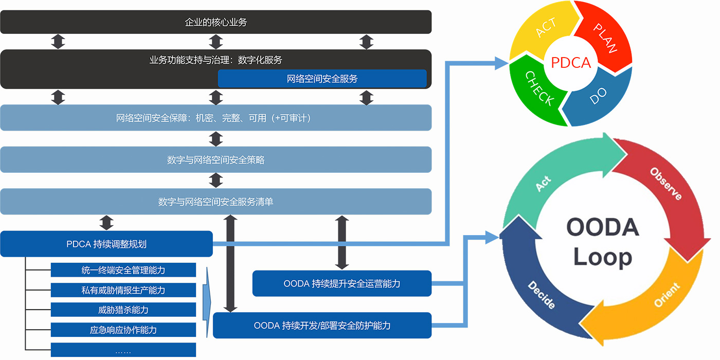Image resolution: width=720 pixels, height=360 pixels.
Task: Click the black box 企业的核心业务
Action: tap(215, 22)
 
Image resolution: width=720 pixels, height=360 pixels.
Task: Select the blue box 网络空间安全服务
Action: tap(322, 78)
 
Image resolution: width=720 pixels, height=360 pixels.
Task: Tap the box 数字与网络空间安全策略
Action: tap(215, 160)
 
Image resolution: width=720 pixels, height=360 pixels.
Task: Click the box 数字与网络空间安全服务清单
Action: tap(215, 202)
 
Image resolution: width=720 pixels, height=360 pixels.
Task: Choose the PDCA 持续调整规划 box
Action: tap(106, 244)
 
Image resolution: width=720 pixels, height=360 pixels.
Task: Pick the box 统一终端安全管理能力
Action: tap(123, 270)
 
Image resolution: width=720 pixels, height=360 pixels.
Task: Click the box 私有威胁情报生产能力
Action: tap(123, 290)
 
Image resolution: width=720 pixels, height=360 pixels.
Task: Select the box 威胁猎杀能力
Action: tap(123, 310)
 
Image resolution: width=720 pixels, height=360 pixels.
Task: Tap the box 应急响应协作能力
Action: tap(123, 330)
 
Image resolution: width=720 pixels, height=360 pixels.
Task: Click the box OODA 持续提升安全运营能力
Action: tap(342, 283)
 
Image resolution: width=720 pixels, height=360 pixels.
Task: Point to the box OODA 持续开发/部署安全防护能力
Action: tap(322, 325)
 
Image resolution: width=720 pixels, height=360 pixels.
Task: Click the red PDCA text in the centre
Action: tap(571, 63)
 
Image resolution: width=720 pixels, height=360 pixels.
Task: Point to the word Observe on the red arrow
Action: tap(666, 184)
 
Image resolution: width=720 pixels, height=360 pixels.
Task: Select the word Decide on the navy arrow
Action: tap(542, 295)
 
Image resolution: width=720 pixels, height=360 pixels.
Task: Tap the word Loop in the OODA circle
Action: tap(603, 257)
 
